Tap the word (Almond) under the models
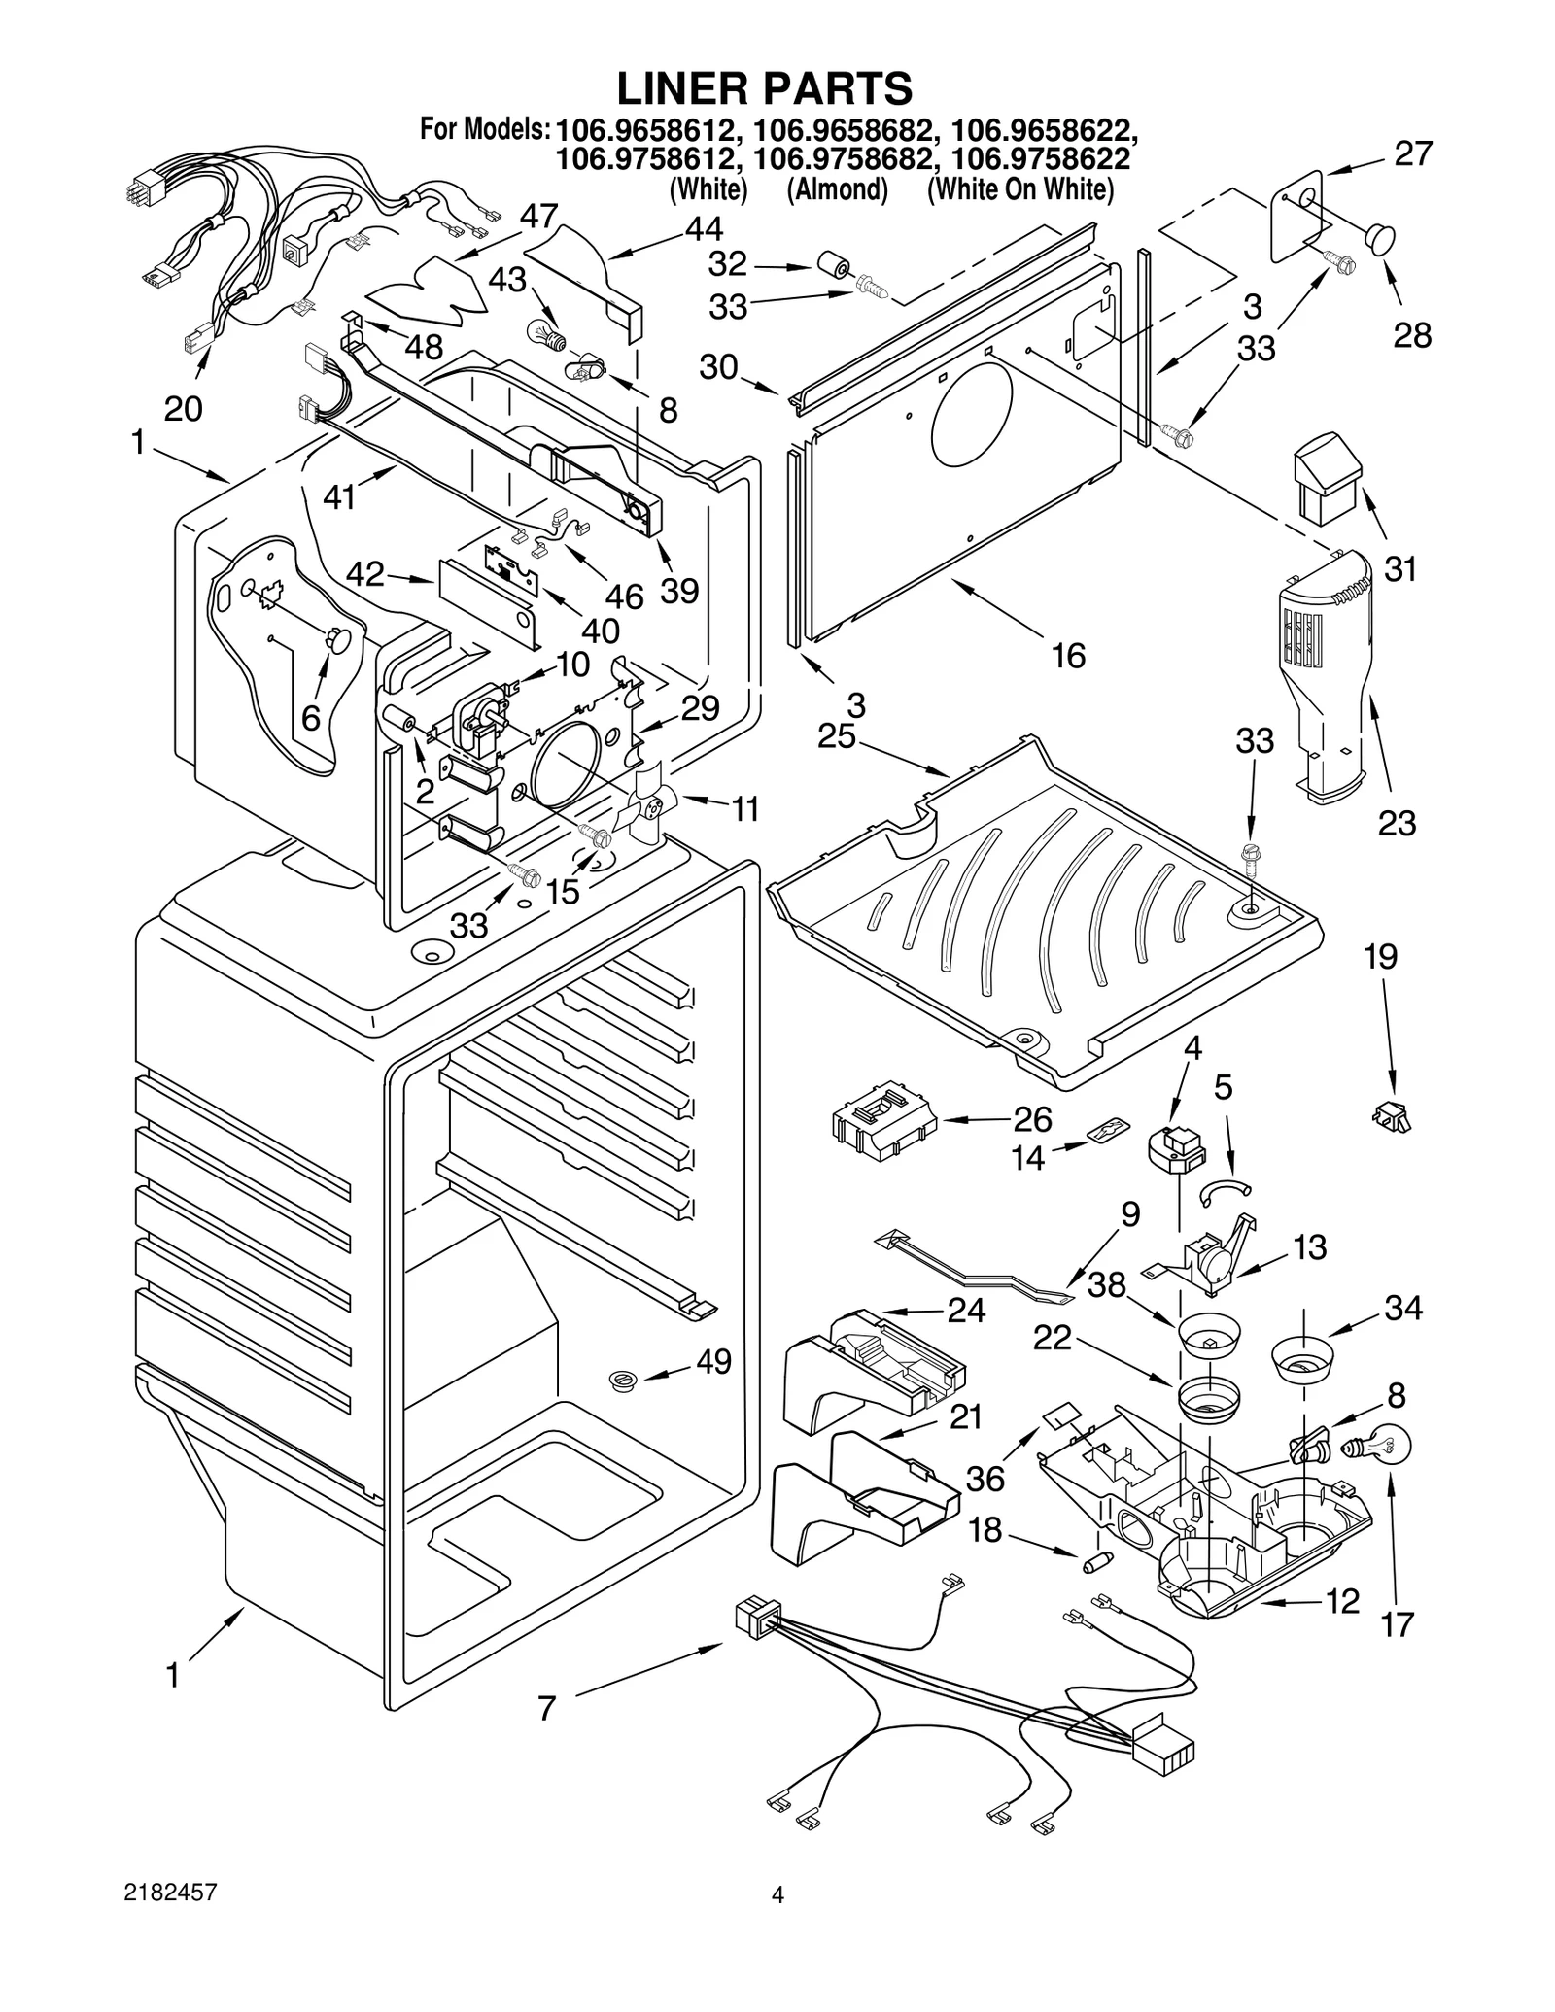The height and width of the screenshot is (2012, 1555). (x=837, y=189)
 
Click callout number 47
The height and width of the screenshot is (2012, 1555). (x=537, y=216)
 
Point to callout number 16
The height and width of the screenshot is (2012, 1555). (x=1068, y=656)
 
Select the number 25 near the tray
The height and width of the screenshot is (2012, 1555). (x=836, y=736)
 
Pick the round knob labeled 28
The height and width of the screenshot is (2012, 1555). (x=1378, y=238)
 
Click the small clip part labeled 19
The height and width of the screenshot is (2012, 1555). (x=1392, y=1117)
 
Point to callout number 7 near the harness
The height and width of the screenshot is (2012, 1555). (x=546, y=1708)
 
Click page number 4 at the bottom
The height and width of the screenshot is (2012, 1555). (x=777, y=1893)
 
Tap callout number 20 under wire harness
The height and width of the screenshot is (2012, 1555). (x=182, y=409)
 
